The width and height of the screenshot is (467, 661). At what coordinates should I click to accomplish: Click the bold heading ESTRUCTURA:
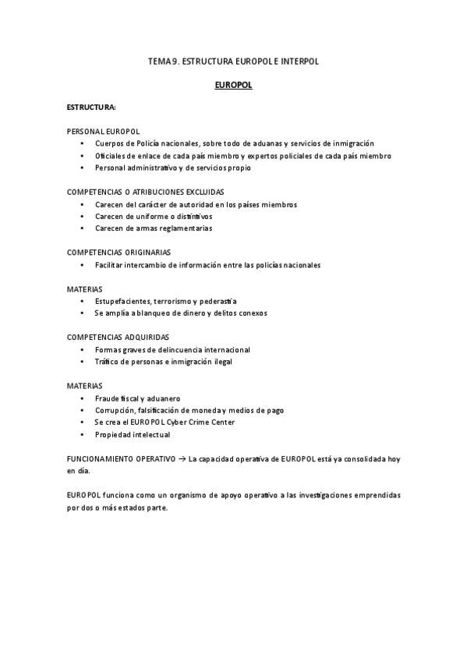91,106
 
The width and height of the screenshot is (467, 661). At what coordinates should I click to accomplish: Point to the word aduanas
264,143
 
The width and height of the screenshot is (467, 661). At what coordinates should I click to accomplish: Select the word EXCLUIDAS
200,192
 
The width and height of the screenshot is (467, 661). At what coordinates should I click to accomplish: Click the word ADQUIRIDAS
147,338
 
